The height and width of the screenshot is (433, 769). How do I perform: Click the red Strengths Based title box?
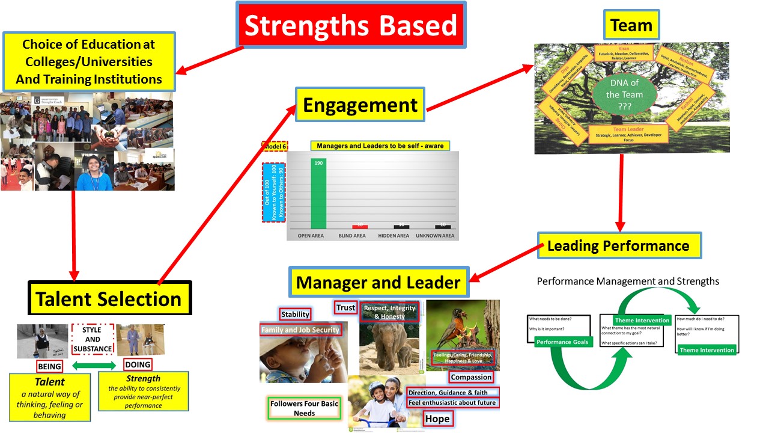tap(351, 26)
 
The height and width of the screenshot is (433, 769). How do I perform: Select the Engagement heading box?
tap(360, 105)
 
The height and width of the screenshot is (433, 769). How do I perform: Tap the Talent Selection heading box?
tap(109, 298)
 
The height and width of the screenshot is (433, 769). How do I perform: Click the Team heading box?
tap(631, 25)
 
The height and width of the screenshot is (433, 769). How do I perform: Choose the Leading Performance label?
tap(618, 245)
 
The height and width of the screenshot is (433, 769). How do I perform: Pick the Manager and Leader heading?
tap(378, 282)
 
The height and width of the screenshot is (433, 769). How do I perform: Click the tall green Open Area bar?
tap(318, 193)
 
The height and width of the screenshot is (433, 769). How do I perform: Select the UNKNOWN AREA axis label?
tap(435, 236)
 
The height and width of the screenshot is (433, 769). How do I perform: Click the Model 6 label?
tap(275, 146)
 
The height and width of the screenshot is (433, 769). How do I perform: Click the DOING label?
tap(137, 364)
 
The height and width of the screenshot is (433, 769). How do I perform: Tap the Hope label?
tap(437, 419)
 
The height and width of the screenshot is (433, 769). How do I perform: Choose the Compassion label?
tap(472, 377)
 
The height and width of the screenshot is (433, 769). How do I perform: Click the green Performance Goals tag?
tap(562, 342)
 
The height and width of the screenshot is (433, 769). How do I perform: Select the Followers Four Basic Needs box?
tap(304, 408)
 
